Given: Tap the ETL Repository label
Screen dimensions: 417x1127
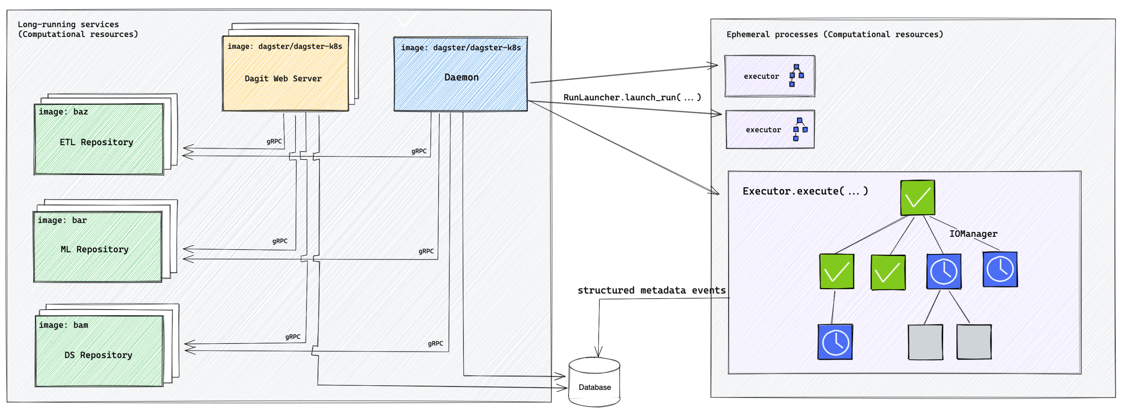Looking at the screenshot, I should point(96,142).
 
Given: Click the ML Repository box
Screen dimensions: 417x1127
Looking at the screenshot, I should point(97,247).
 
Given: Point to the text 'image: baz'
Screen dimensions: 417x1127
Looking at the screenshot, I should point(63,112).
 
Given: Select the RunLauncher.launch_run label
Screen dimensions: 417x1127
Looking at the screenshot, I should point(632,98).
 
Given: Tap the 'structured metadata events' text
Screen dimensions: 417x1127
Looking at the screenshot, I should point(651,290).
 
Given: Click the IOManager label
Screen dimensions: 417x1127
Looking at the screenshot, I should point(973,234).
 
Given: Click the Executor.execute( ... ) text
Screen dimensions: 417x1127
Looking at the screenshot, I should point(805,191).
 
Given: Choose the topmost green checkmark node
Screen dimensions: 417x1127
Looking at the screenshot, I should point(918,198).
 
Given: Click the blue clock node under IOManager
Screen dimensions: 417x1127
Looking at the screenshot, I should point(1000,269).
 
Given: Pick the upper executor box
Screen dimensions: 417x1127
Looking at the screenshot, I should point(769,76).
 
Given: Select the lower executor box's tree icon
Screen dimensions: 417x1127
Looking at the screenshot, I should point(800,129).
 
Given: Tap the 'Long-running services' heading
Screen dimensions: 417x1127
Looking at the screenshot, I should point(68,25).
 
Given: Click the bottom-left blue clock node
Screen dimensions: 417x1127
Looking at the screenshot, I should point(835,342).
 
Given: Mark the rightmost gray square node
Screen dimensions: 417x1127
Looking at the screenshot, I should point(973,342).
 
